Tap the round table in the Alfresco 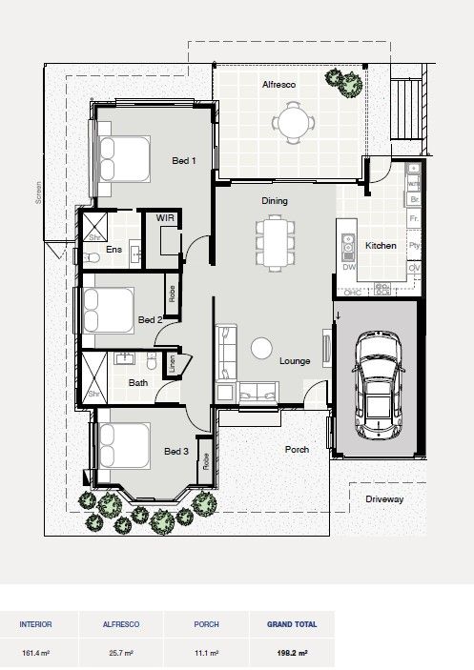292,122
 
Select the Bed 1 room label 183,161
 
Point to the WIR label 165,218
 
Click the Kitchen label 381,246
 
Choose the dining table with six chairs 274,242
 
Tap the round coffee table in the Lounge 262,349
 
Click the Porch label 297,449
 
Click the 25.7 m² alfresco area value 121,654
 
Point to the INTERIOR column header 36,624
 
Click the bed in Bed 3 118,446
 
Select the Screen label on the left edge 39,194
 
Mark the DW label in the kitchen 348,268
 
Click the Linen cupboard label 172,364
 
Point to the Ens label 114,250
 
